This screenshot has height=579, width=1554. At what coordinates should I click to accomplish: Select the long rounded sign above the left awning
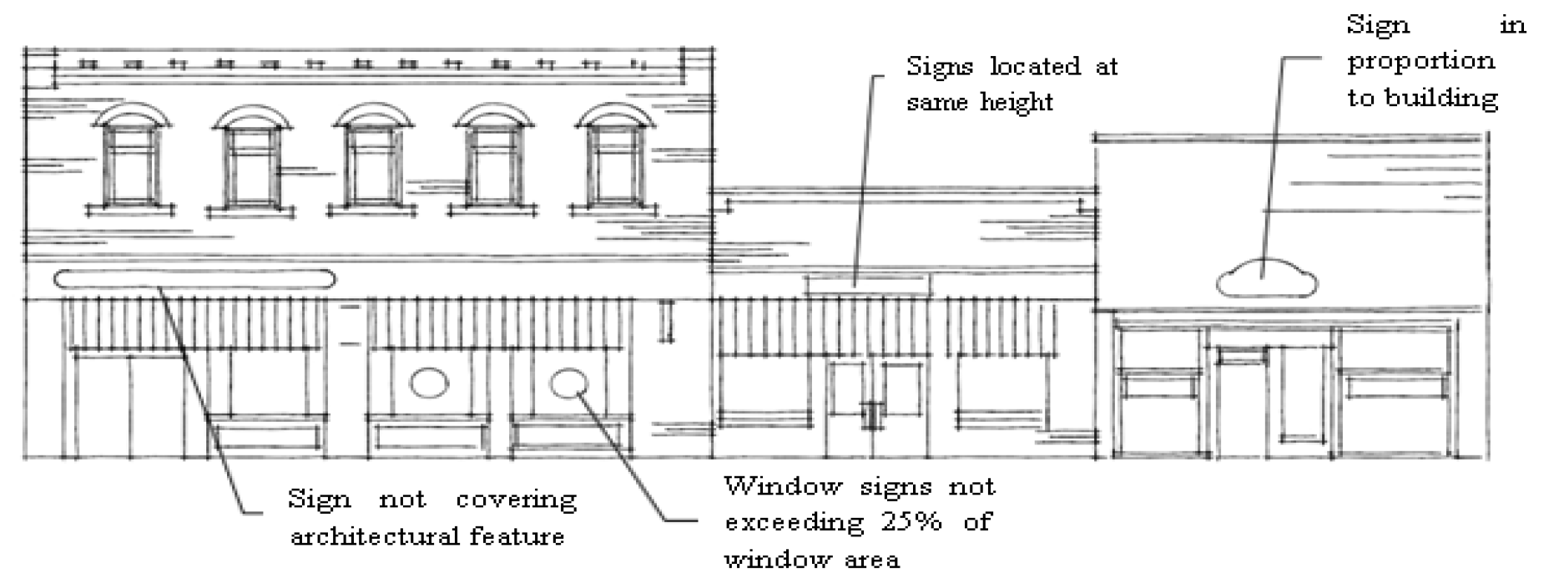tap(194, 279)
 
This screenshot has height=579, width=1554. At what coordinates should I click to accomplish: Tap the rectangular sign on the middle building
tap(868, 285)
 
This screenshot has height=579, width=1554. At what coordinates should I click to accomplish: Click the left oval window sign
tap(430, 383)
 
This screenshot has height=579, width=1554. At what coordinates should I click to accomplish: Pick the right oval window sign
tap(568, 383)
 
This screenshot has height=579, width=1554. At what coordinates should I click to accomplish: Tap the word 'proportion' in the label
tap(1420, 62)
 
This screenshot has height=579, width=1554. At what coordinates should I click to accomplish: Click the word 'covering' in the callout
tap(516, 500)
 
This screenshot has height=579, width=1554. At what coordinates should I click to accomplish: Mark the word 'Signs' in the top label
tap(940, 67)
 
